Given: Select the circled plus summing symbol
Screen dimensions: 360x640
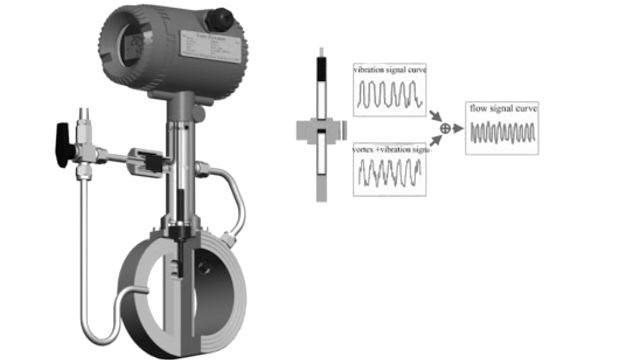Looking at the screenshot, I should [x=445, y=128].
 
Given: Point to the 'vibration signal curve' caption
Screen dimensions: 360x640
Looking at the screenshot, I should [x=390, y=70].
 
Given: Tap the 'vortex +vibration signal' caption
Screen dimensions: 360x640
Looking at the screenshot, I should [x=390, y=148].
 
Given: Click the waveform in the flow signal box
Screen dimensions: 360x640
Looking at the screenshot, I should [x=503, y=134].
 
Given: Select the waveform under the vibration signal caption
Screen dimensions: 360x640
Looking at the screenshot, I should [x=390, y=96].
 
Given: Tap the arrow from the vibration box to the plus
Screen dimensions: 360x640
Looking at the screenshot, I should [x=436, y=116].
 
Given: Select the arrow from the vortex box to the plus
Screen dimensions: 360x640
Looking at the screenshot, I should [x=436, y=141].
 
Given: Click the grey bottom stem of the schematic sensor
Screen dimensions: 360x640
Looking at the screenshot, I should [x=320, y=180].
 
